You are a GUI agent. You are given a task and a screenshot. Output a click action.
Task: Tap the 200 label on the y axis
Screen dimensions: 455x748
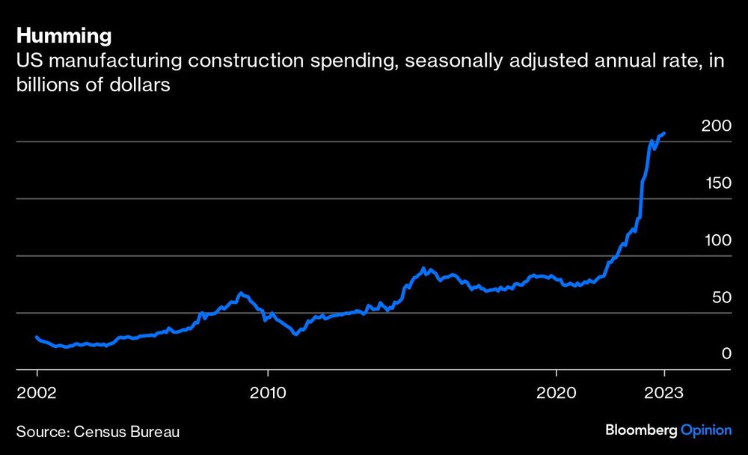pos(716,126)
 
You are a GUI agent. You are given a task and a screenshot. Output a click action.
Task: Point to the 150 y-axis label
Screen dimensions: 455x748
pos(716,183)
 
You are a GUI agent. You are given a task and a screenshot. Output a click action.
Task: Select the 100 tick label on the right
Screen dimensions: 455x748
pos(716,240)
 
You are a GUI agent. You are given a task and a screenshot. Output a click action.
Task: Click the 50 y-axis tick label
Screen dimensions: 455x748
pos(720,298)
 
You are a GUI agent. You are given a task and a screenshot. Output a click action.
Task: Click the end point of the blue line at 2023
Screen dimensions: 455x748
pos(664,132)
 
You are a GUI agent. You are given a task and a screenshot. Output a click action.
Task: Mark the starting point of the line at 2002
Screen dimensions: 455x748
pos(37,337)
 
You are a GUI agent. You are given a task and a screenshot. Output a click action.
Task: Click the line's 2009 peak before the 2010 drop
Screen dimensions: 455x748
pos(240,293)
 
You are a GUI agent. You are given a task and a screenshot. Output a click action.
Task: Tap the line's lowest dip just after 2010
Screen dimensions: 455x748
pos(295,334)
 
